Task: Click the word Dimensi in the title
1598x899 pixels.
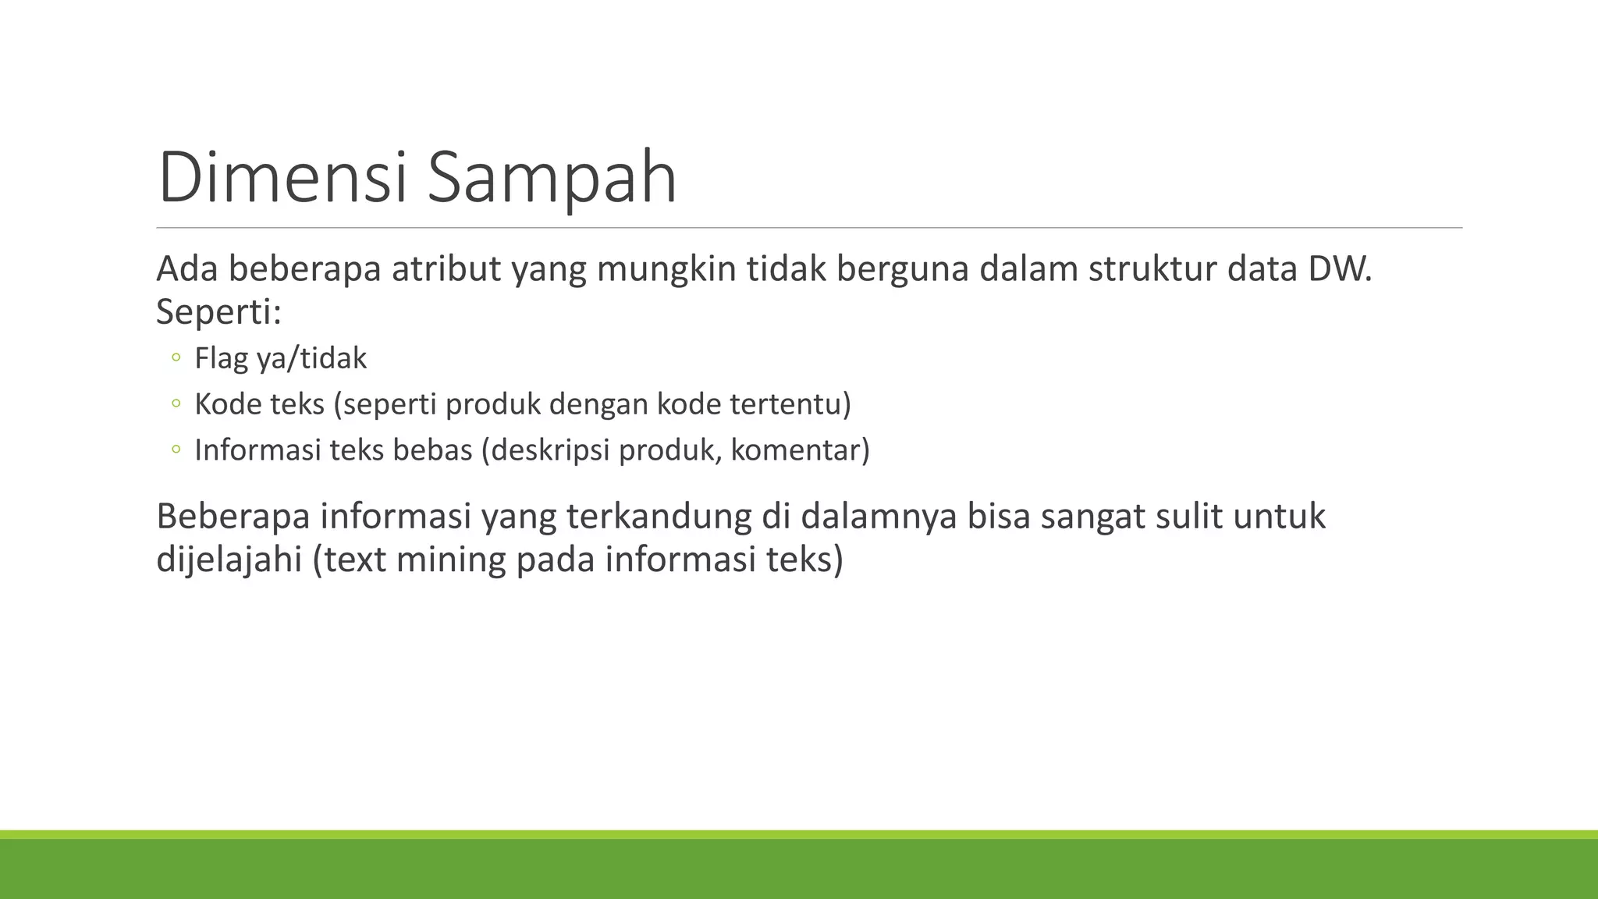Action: click(282, 178)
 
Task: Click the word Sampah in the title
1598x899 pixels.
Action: click(552, 179)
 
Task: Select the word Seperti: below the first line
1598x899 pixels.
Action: click(218, 312)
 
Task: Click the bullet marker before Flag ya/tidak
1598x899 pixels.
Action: click(176, 358)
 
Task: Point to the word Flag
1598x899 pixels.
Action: click(221, 358)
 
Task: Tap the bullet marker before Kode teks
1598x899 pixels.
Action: click(176, 403)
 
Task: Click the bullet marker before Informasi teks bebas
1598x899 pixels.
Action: click(176, 449)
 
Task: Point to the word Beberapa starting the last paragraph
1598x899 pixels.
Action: click(233, 517)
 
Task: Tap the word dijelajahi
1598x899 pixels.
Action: click(229, 560)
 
